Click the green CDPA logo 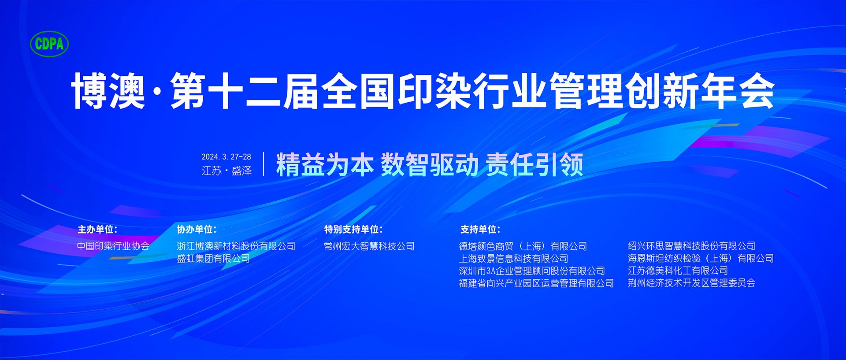coord(49,44)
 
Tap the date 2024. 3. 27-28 coord(226,157)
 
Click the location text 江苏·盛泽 coord(226,171)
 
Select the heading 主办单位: coord(97,229)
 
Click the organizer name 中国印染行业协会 coord(113,246)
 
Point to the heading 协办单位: coord(197,229)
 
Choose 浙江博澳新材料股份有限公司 coord(236,246)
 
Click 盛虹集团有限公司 coord(213,258)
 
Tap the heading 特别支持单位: coord(353,229)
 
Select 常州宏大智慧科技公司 coord(369,246)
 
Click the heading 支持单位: coord(480,229)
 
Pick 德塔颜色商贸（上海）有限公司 coord(523,246)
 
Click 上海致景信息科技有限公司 coord(514,258)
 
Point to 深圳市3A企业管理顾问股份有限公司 coord(532,271)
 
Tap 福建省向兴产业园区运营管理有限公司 coord(536,283)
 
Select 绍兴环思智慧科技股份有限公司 coord(692,246)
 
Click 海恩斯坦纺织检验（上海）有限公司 coord(701,258)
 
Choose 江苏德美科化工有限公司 coord(678,271)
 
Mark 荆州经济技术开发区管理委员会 coord(692,283)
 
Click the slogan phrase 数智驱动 coord(430,165)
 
